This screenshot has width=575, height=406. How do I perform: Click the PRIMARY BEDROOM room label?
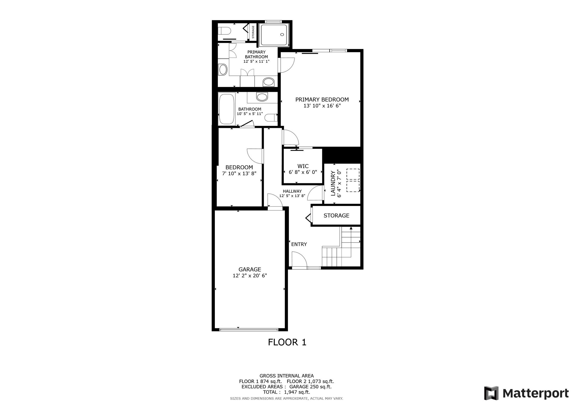(322, 99)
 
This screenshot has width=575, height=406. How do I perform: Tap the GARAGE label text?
(250, 269)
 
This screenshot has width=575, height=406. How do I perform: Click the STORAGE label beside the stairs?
(336, 215)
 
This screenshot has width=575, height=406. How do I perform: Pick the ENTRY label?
(299, 244)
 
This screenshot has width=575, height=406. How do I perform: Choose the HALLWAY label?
(292, 191)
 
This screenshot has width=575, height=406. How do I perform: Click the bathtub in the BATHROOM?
(226, 109)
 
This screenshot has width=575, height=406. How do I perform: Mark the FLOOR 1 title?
(287, 342)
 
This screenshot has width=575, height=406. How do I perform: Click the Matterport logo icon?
(491, 393)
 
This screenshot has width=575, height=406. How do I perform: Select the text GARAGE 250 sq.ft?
(310, 387)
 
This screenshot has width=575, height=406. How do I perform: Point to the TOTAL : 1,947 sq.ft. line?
(287, 392)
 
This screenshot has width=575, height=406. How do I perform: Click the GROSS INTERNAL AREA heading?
(287, 376)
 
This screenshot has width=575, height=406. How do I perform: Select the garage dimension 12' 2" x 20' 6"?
(250, 276)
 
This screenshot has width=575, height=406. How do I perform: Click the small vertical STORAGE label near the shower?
(253, 32)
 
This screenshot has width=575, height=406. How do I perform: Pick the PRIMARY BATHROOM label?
(256, 54)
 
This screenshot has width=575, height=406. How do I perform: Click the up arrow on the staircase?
(351, 228)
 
